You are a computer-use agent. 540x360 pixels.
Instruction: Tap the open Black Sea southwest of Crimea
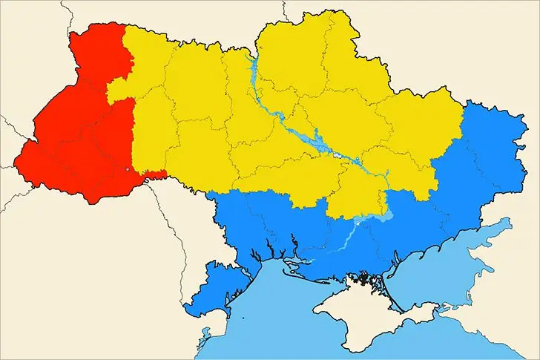click(282, 327)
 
